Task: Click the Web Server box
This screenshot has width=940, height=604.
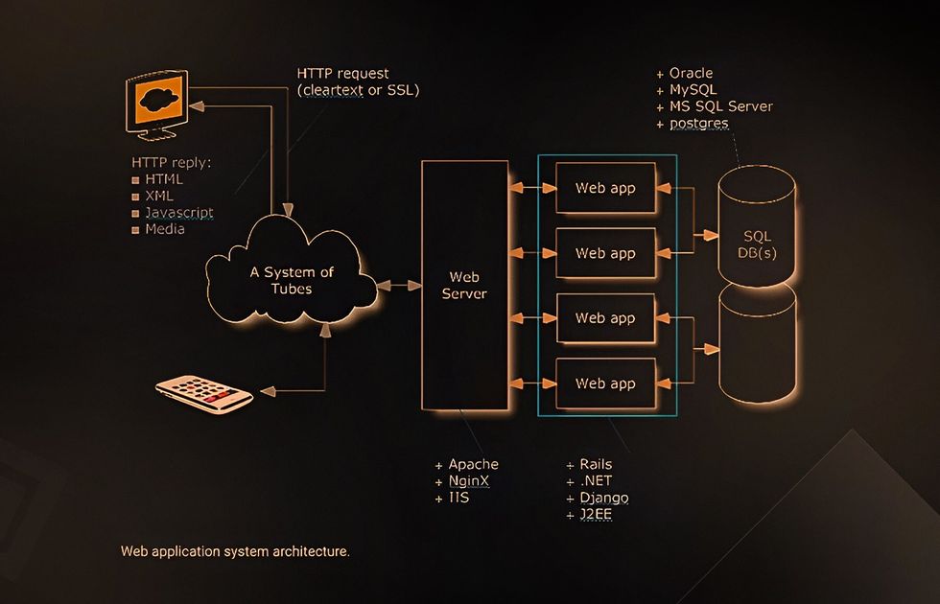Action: [x=464, y=286]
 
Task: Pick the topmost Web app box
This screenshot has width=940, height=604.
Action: [x=604, y=188]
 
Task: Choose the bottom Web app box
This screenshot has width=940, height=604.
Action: [x=604, y=383]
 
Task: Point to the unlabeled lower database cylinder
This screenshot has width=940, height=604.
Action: [x=757, y=345]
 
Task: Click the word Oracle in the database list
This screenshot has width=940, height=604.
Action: [x=691, y=74]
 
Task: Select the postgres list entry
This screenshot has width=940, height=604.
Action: [x=698, y=124]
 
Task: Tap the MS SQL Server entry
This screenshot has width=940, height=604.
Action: [x=720, y=106]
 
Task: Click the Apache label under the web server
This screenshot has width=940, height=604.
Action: [x=473, y=464]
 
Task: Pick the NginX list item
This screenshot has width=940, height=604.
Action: [x=469, y=481]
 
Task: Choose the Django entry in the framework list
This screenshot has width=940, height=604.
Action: [x=603, y=499]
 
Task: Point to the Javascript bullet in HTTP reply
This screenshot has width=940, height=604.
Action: [x=178, y=213]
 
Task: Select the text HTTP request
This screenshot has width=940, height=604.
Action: [x=342, y=74]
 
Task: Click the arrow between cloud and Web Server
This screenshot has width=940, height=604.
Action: [x=399, y=286]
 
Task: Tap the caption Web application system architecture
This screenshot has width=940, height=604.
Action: [x=235, y=552]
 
